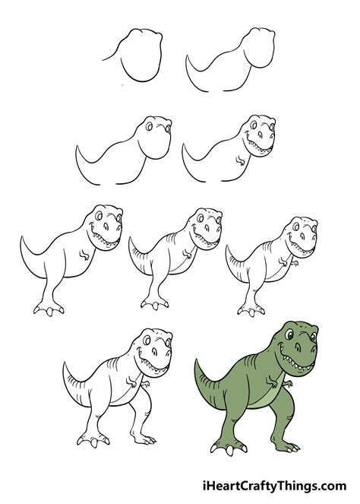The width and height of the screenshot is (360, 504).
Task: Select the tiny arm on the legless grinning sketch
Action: coord(241,160)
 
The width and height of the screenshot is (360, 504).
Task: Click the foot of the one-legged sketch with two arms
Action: coord(247,308)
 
